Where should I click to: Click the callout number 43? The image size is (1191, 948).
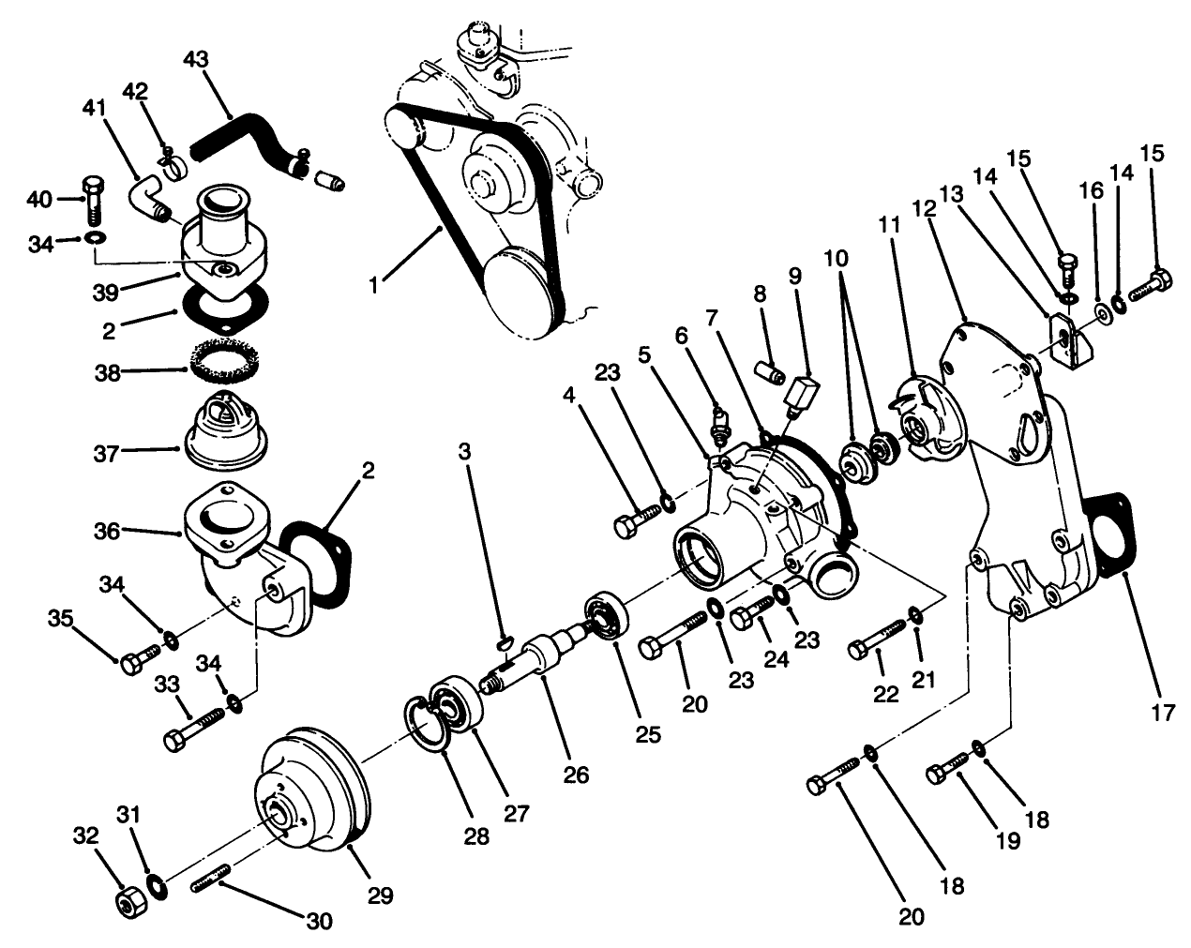196,59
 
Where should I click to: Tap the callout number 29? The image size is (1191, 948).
379,895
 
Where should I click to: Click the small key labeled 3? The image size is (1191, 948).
503,642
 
